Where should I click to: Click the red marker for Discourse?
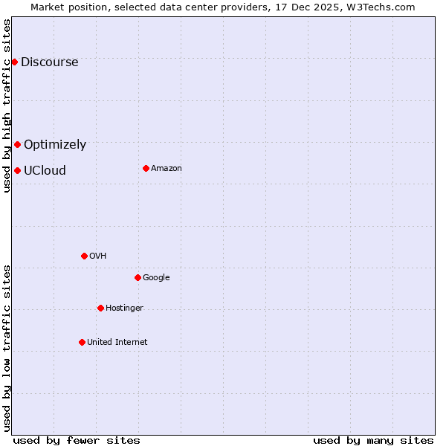[x=14, y=62]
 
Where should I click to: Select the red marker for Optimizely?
[x=17, y=144]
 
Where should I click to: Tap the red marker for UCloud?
[x=17, y=170]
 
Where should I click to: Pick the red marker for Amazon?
[x=146, y=168]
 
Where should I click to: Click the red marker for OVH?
[x=84, y=256]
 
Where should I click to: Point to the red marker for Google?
[x=138, y=277]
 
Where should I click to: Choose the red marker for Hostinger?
[x=100, y=308]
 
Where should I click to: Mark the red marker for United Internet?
[x=82, y=342]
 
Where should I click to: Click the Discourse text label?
[x=49, y=62]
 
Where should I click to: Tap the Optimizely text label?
[x=55, y=144]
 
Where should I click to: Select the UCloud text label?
[x=45, y=170]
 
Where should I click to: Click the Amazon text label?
[x=167, y=168]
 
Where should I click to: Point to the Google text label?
[x=156, y=277]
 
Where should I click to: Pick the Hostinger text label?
[x=124, y=308]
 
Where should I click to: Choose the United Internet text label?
[x=117, y=342]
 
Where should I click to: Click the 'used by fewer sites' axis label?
[x=77, y=440]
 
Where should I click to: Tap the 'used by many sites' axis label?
[x=373, y=440]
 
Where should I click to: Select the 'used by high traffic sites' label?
[x=7, y=106]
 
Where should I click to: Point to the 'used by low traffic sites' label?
[x=7, y=347]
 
